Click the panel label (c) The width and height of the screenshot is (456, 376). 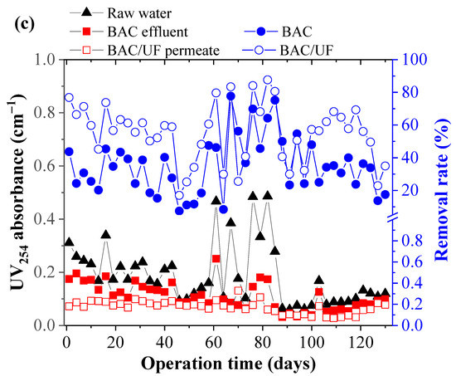(x=21, y=21)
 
